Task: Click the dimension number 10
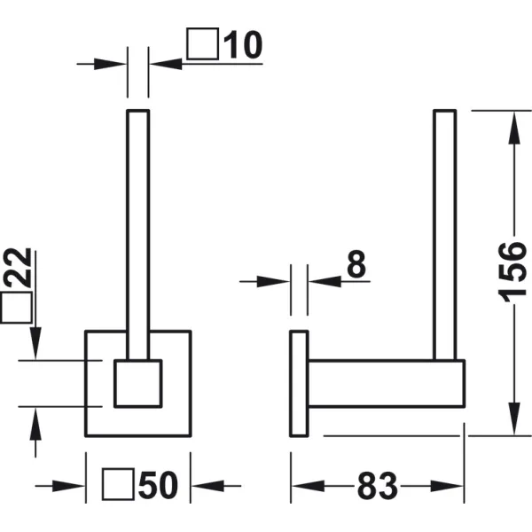pyautogui.click(x=243, y=44)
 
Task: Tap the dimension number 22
pyautogui.click(x=18, y=268)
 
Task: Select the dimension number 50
pyautogui.click(x=158, y=485)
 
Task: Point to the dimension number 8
pyautogui.click(x=356, y=264)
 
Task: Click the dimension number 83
pyautogui.click(x=378, y=486)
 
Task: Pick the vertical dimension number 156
pyautogui.click(x=512, y=272)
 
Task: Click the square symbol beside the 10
pyautogui.click(x=202, y=43)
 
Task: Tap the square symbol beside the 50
pyautogui.click(x=119, y=484)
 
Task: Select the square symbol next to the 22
pyautogui.click(x=16, y=308)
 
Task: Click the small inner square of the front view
pyautogui.click(x=138, y=383)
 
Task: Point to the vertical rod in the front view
pyautogui.click(x=138, y=234)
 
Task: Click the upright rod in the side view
pyautogui.click(x=445, y=234)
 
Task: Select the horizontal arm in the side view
pyautogui.click(x=386, y=383)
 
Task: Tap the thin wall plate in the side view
pyautogui.click(x=299, y=383)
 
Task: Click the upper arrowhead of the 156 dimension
pyautogui.click(x=514, y=129)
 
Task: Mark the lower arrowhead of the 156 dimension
pyautogui.click(x=514, y=419)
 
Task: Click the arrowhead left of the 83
pyautogui.click(x=308, y=486)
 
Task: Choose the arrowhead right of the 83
pyautogui.click(x=447, y=486)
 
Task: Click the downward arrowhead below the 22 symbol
pyautogui.click(x=35, y=343)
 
